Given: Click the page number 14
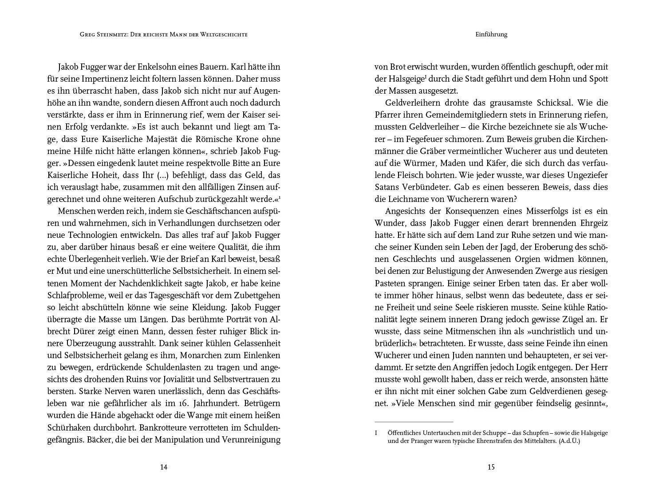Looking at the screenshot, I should pos(163,466).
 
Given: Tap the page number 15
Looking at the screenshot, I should pos(491,466).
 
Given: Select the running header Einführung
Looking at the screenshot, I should pos(491,34).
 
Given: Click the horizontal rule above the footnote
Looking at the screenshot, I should pos(414,422).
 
